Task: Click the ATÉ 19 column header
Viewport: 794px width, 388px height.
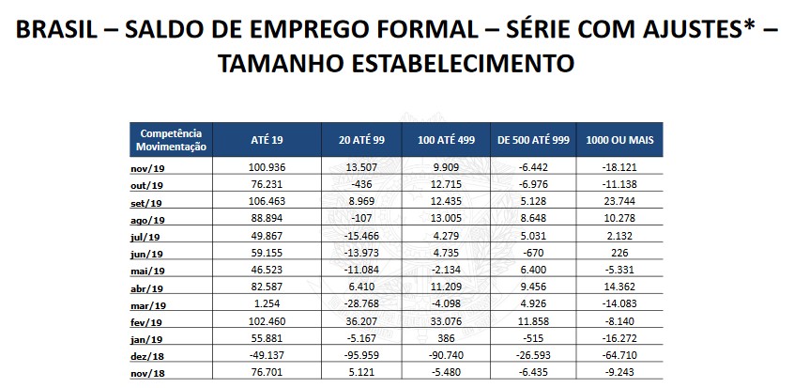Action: [267, 140]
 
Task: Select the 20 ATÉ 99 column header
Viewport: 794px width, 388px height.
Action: [361, 140]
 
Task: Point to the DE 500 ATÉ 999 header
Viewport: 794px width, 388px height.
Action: [532, 140]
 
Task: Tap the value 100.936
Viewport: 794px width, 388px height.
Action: [267, 168]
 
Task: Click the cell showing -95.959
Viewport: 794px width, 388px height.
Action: [361, 358]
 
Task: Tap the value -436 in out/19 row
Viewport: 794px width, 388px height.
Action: [361, 185]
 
